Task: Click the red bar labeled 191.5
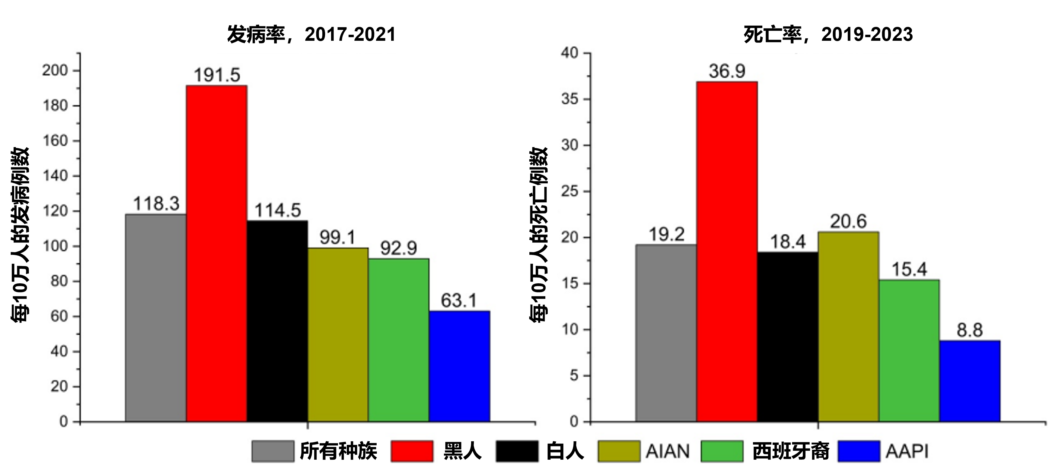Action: [216, 253]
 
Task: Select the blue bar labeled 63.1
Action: [459, 366]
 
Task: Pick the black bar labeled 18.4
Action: [787, 336]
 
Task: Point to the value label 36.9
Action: [727, 72]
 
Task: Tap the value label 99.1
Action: [337, 238]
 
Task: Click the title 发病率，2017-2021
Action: [311, 34]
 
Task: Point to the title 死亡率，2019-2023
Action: [828, 34]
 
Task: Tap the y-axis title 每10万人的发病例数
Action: [20, 235]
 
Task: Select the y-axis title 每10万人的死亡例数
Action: [538, 235]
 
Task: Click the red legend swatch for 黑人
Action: [412, 451]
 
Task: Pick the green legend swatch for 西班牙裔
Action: [722, 451]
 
